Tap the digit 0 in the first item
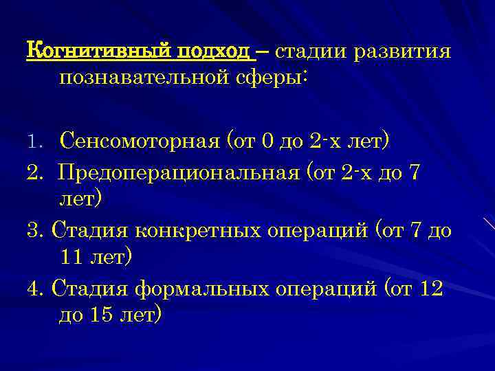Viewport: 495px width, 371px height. [x=268, y=142]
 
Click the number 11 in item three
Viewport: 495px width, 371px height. [x=74, y=258]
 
